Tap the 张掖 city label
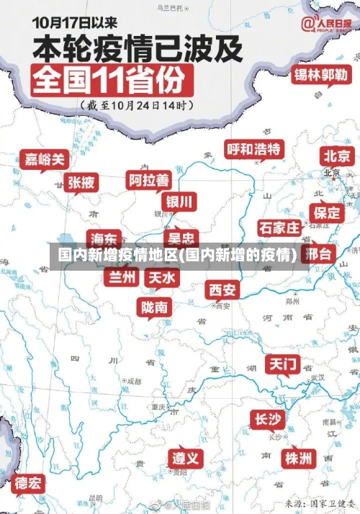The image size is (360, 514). coord(81,182)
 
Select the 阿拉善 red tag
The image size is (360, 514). coord(148,179)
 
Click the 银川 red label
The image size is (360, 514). coord(179,201)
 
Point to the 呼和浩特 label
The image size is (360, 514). coord(253,150)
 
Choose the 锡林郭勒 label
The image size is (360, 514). coord(320,75)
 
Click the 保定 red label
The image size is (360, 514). coord(327,212)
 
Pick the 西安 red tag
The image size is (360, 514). coord(222,290)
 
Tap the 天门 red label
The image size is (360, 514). coord(283,364)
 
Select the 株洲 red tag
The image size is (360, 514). coord(298,457)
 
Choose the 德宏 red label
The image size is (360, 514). coord(28,482)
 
